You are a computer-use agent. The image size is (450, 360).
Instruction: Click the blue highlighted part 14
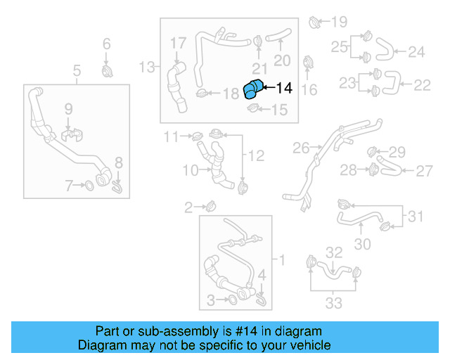tap(252, 91)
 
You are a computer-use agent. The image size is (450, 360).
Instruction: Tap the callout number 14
tap(283, 88)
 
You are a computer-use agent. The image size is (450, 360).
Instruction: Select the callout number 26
tap(300, 148)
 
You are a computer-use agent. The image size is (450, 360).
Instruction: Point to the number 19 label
tap(339, 21)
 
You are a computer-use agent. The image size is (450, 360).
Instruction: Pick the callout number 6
tap(107, 44)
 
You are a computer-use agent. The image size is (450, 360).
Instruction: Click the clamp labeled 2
tap(210, 206)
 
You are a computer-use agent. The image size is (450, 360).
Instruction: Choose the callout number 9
tap(68, 108)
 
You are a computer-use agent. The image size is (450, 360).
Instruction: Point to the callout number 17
tap(178, 44)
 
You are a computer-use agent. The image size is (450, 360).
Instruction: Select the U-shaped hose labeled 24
tap(385, 49)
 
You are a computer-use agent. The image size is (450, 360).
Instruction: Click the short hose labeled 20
tap(280, 32)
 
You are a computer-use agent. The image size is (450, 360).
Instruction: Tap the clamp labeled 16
tap(309, 63)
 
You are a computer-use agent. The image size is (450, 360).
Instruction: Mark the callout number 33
tap(333, 303)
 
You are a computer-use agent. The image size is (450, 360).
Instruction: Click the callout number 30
tap(361, 244)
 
